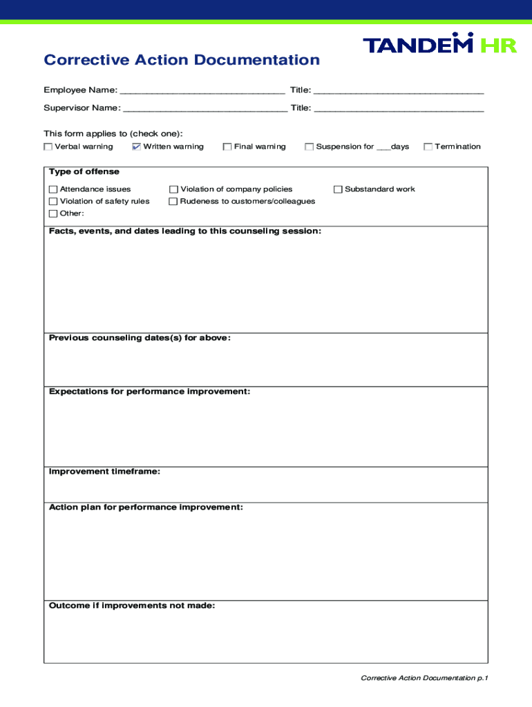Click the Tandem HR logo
439,45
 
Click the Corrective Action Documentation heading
182,60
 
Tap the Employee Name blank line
202,91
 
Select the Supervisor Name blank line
205,109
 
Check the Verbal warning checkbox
48,146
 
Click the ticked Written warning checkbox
136,146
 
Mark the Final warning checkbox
227,146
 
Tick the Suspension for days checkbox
310,146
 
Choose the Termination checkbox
428,146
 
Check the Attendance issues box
53,189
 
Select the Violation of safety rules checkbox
53,202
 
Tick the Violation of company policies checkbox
174,189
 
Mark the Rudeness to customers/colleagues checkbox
174,202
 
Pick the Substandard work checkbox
339,189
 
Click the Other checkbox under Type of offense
53,213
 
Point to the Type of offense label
84,172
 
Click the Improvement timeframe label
104,472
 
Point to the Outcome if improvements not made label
132,606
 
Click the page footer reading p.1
424,678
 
